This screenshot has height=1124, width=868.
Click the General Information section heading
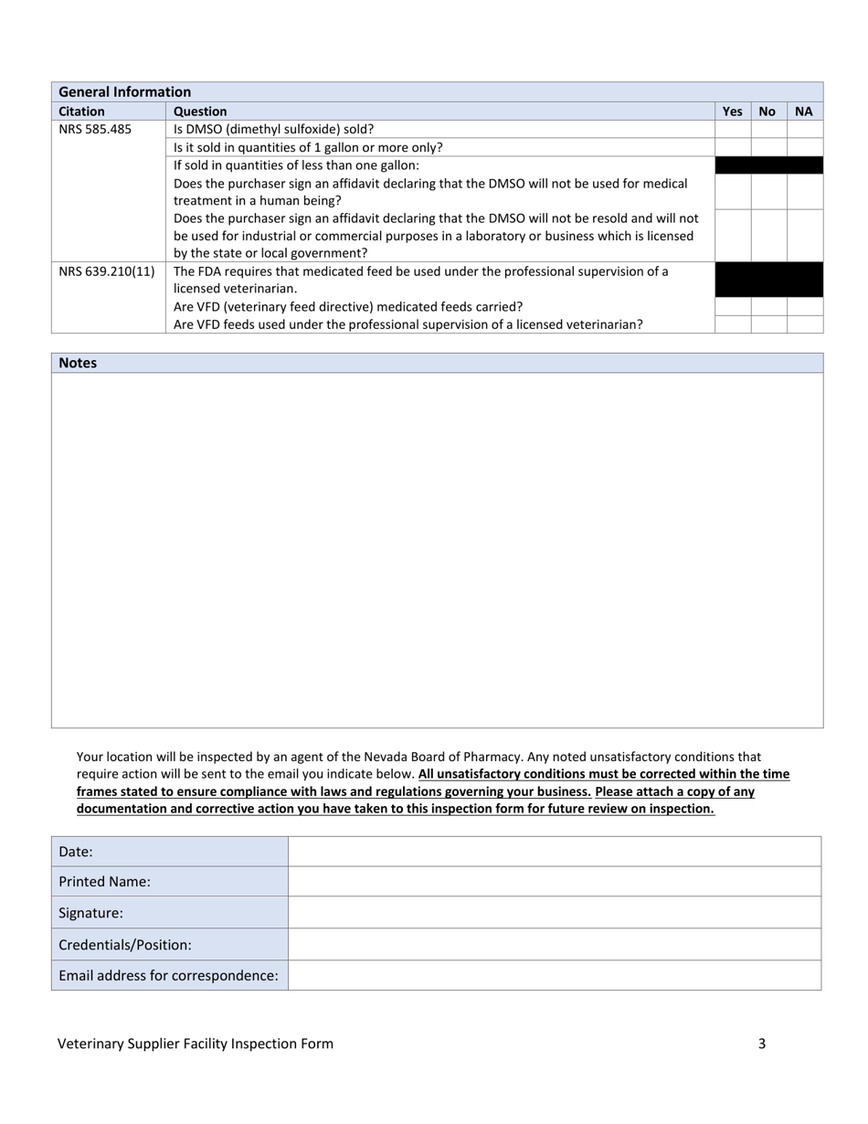click(124, 91)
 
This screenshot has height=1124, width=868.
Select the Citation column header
click(81, 111)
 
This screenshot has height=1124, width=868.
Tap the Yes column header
click(732, 111)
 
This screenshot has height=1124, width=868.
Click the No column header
click(767, 111)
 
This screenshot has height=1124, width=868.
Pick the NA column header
click(803, 111)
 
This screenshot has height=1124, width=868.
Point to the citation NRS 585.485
click(95, 129)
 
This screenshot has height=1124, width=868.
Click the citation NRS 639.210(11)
click(106, 271)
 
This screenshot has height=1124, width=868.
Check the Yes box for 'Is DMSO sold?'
click(733, 129)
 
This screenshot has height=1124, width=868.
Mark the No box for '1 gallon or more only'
click(768, 147)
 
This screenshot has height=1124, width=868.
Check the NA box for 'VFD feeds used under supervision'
click(805, 324)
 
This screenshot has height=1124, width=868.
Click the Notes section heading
click(78, 363)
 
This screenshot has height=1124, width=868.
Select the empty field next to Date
click(554, 851)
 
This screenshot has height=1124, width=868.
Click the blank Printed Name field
click(554, 882)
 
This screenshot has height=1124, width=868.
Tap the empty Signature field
click(554, 912)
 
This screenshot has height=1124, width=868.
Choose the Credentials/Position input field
click(554, 944)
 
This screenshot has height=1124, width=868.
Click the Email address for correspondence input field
click(554, 975)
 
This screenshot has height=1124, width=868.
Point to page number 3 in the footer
click(761, 1044)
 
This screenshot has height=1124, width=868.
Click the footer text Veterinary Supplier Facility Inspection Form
click(196, 1044)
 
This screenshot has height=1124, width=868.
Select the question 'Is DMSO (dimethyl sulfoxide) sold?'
click(273, 129)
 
